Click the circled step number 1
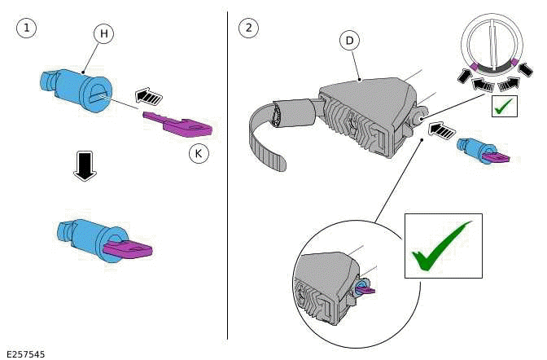27,28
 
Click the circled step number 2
248,28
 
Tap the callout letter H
103,33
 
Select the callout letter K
197,152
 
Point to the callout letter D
349,40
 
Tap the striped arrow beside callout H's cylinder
147,96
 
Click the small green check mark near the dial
505,106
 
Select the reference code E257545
25,353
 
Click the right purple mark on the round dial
516,63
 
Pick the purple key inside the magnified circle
365,288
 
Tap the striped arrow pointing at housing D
440,128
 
